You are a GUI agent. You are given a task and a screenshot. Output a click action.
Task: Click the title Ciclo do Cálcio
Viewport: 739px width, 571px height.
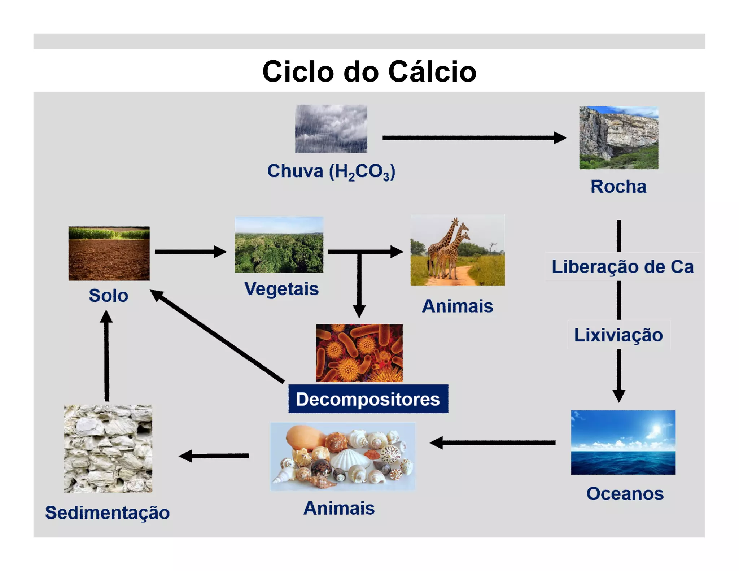(369, 71)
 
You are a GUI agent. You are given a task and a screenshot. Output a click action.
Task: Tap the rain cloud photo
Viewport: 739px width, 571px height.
(331, 129)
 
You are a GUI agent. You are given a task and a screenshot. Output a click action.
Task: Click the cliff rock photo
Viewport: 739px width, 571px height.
(618, 138)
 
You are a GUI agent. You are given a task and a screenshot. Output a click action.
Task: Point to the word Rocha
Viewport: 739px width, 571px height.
(618, 187)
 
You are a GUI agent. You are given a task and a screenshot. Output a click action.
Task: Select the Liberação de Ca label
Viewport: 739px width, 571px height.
(622, 267)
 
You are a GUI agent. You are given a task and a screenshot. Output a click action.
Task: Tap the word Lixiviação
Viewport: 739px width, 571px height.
(618, 335)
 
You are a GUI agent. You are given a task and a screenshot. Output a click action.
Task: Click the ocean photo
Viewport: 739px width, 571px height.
(623, 442)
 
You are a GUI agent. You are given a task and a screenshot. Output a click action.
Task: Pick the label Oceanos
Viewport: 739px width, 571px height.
(625, 493)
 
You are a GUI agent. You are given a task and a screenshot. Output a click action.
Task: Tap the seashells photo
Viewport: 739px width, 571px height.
(342, 456)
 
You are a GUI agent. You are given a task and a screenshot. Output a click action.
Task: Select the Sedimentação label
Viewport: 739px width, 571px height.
(107, 513)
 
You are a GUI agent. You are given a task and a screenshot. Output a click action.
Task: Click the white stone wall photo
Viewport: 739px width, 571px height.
(108, 449)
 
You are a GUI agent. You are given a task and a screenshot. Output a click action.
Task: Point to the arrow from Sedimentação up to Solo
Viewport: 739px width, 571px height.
(106, 357)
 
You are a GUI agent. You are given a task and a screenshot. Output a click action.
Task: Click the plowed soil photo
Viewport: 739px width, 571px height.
(109, 253)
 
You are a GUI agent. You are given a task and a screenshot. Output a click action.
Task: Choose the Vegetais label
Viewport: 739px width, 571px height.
(281, 289)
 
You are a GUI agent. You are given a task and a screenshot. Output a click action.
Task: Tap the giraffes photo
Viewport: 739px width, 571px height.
(458, 250)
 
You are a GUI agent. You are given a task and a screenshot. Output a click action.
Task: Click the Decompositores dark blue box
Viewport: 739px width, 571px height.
(368, 399)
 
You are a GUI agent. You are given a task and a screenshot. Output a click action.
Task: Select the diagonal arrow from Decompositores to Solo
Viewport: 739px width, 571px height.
(217, 336)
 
